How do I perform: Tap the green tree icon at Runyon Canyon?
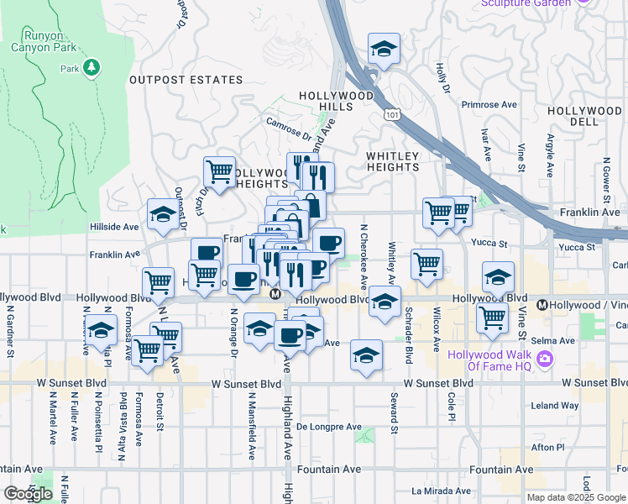coord(92,66)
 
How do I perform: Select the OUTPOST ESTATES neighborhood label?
coord(186,81)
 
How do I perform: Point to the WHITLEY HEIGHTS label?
coord(393,161)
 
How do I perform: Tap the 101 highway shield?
coord(390,113)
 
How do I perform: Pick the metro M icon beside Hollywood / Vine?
coord(542,305)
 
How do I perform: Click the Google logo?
coord(28,494)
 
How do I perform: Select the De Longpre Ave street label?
coord(328,427)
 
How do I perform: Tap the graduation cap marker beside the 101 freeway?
coord(384,49)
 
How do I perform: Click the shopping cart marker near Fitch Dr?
coord(219,171)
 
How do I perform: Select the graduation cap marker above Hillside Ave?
coord(163,214)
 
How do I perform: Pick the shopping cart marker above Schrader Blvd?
coord(427,263)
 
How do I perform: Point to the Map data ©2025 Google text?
coord(575,497)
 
